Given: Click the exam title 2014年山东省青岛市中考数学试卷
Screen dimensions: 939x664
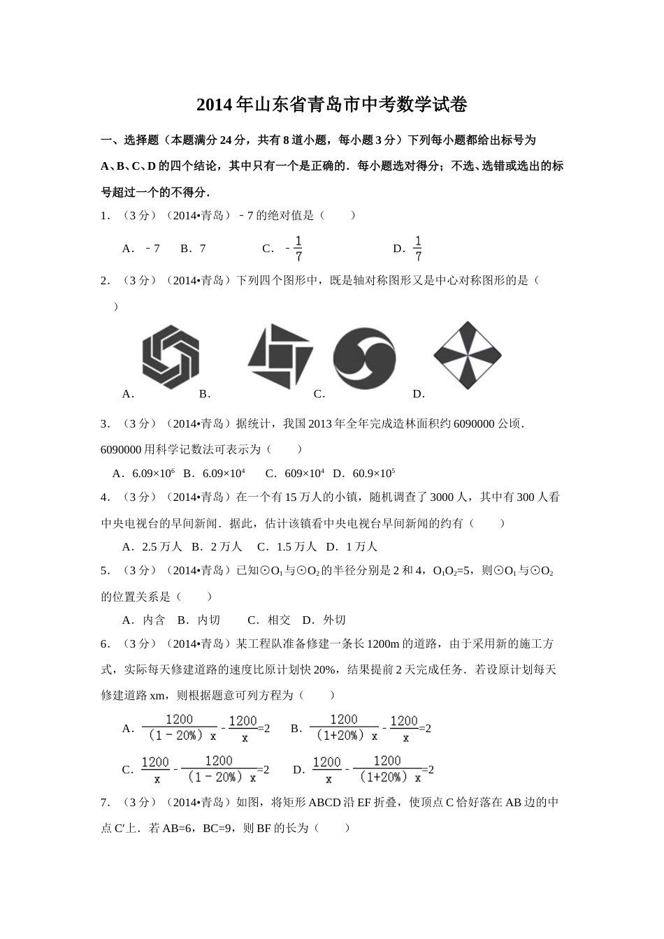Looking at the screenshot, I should [331, 105].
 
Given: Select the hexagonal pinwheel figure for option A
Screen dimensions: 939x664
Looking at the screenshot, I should [171, 356].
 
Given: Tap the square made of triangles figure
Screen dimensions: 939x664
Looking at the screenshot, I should [280, 356].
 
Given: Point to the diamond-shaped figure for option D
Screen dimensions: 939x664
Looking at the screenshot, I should [467, 356].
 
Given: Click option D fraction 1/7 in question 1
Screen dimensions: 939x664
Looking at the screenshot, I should [417, 249].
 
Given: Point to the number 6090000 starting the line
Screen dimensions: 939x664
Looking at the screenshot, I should [121, 449].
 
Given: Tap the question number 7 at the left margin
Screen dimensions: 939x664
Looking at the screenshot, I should [104, 803].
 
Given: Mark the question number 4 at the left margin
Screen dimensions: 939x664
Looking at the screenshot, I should [104, 497].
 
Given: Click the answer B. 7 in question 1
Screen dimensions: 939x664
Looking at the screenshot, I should [193, 249].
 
